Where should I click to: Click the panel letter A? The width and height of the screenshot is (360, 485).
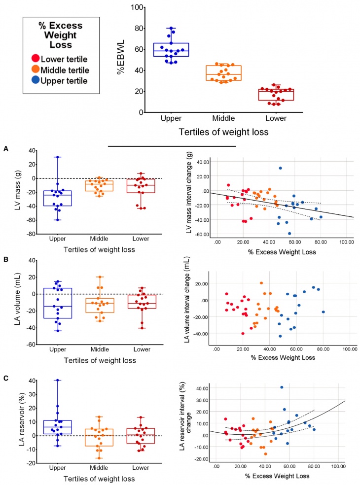click(x=5, y=147)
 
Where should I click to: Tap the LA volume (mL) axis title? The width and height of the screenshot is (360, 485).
click(x=17, y=302)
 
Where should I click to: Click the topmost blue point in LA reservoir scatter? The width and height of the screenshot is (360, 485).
click(x=282, y=387)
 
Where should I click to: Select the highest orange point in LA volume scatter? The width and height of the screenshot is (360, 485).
click(x=261, y=283)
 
